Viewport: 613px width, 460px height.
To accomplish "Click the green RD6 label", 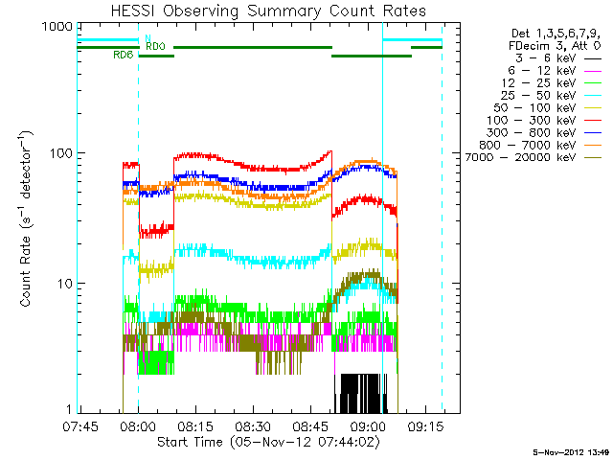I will click(x=122, y=55).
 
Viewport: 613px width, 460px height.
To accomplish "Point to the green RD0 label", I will click(x=155, y=46).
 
